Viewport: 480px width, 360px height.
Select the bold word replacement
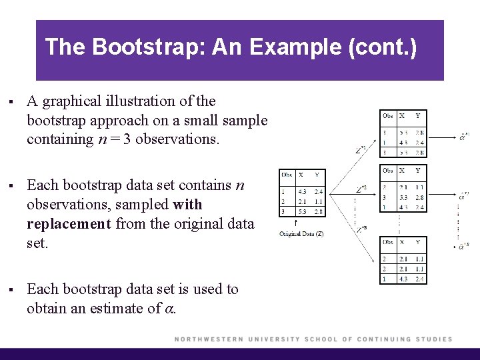(x=69, y=223)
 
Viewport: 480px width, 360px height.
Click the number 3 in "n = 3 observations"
(x=127, y=139)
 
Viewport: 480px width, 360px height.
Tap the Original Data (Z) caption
(x=301, y=234)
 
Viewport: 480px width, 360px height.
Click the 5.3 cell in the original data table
(x=301, y=211)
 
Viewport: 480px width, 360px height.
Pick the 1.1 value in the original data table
(x=319, y=201)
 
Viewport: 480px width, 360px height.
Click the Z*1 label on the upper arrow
(x=361, y=150)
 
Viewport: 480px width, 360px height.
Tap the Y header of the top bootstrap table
(x=418, y=116)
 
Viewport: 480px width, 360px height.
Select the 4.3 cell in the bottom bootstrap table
(x=402, y=278)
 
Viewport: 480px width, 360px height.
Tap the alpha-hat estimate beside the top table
(x=464, y=136)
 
